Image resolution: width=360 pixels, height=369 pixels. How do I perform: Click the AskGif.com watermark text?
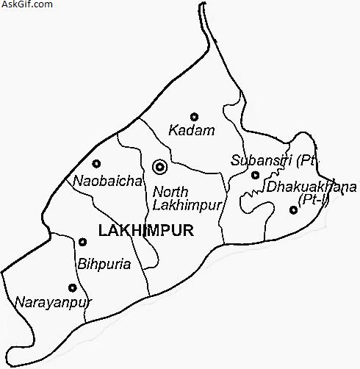pyautogui.click(x=26, y=4)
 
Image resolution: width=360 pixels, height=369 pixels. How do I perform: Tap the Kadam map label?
pyautogui.click(x=192, y=131)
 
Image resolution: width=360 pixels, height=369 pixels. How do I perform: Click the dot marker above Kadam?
pyautogui.click(x=195, y=116)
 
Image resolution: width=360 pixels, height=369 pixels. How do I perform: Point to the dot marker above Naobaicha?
pyautogui.click(x=96, y=164)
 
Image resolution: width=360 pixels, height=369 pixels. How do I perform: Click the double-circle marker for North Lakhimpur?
pyautogui.click(x=159, y=167)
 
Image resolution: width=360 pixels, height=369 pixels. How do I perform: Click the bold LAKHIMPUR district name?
pyautogui.click(x=145, y=231)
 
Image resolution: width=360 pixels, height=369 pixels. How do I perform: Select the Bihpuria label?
pyautogui.click(x=104, y=263)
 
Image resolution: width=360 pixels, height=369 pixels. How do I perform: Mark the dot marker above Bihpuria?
pyautogui.click(x=82, y=242)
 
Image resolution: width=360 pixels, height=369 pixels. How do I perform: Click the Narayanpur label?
pyautogui.click(x=46, y=301)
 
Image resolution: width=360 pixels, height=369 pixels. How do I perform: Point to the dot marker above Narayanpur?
pyautogui.click(x=72, y=288)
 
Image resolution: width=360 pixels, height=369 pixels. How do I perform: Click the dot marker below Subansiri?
pyautogui.click(x=255, y=175)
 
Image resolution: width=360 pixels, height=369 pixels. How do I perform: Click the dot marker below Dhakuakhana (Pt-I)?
pyautogui.click(x=293, y=210)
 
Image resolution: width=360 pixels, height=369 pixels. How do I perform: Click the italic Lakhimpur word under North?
pyautogui.click(x=187, y=207)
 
